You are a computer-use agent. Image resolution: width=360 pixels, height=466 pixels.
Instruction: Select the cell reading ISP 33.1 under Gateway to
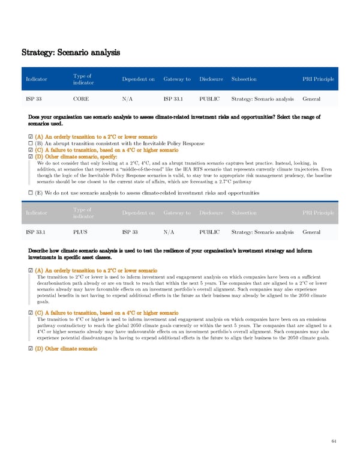point(176,98)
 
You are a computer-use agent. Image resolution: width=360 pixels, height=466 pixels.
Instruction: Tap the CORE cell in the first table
point(81,98)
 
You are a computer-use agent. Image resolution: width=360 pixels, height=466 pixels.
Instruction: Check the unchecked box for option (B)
point(31,144)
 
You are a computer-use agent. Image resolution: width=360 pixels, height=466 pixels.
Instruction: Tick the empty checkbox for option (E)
point(31,176)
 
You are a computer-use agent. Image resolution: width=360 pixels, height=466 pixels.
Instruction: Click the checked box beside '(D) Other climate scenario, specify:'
point(31,157)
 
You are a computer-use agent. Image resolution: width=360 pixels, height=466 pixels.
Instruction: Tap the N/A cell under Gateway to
point(169,231)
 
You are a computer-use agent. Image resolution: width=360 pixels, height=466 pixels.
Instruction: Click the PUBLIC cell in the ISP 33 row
point(209,98)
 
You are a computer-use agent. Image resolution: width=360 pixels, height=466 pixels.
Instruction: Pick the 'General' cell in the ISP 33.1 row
point(311,231)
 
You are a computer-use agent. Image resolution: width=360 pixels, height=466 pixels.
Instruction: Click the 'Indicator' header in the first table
point(37,79)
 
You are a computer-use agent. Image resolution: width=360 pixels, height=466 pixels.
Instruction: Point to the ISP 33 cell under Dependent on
point(130,231)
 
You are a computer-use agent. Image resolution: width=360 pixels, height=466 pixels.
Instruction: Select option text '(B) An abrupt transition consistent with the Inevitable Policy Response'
point(120,144)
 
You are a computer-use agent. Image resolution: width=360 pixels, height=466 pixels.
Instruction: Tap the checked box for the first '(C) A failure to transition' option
point(31,150)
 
